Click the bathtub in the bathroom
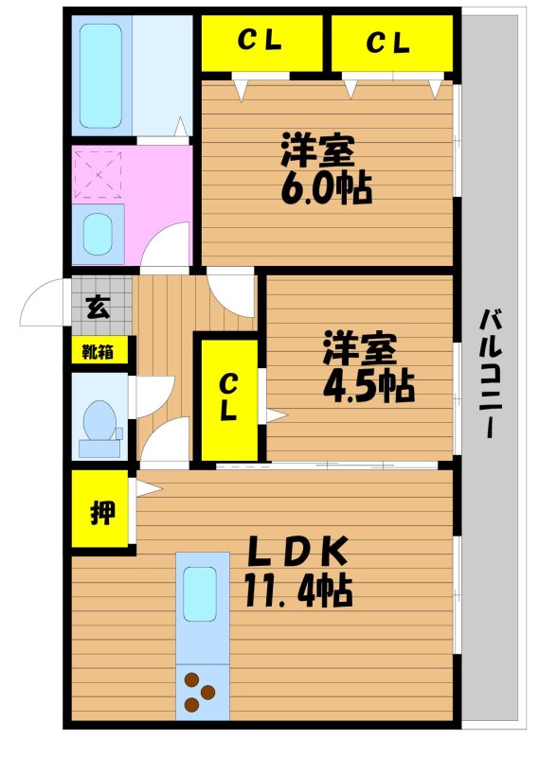coord(100,76)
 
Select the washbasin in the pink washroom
coord(98,233)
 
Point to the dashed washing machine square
coord(99,174)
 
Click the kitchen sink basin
coord(200,594)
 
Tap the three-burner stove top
coord(199,693)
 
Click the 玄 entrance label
coord(99,307)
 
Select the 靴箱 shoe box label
coord(98,352)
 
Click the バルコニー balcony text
coord(491,374)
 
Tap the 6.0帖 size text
coord(327,188)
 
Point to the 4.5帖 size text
coord(368,387)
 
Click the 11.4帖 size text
coord(297,590)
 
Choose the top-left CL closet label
coord(260,41)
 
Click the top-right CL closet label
coord(388,42)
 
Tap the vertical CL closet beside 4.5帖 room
coord(228,399)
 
